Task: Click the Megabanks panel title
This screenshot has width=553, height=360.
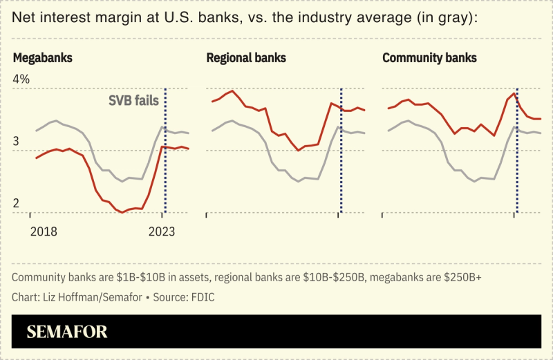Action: (x=43, y=58)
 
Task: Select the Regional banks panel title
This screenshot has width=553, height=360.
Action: (x=246, y=58)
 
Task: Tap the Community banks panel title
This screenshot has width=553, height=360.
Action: (x=429, y=58)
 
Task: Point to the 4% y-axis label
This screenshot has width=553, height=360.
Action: (x=21, y=79)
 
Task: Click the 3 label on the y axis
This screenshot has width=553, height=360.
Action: (x=16, y=142)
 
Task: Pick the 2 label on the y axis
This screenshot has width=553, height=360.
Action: (x=16, y=204)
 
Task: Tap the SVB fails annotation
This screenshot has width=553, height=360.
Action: (x=133, y=100)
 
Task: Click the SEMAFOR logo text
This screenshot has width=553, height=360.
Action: (x=67, y=332)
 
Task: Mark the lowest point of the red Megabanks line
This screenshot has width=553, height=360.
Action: (x=122, y=212)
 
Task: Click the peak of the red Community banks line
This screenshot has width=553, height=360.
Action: (x=514, y=94)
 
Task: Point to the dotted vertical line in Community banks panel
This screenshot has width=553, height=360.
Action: (x=517, y=152)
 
